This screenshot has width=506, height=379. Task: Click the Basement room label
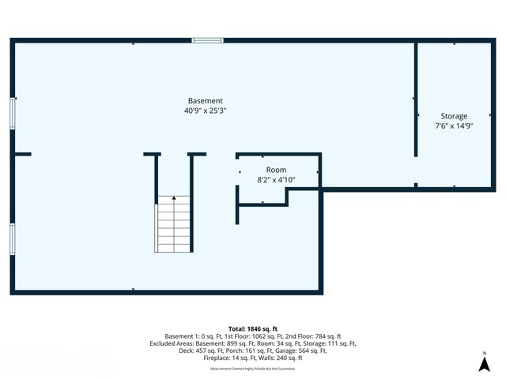coord(205,101)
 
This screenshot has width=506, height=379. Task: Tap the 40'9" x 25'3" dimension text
coord(205,111)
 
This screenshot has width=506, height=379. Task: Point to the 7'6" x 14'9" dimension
coord(454,126)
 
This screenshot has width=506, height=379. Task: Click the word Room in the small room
coord(276,170)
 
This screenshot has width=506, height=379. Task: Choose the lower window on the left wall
coord(12,238)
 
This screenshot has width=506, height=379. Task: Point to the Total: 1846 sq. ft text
coord(253,328)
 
